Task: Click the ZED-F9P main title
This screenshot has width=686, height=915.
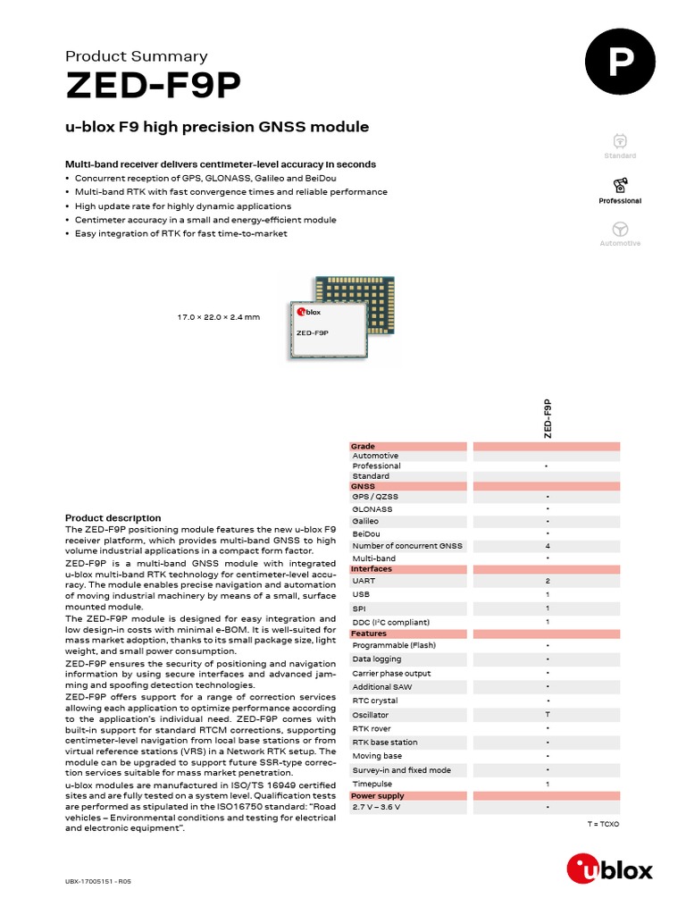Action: (153, 87)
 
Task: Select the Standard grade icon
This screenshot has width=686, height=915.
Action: (620, 140)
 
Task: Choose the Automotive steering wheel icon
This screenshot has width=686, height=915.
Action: (620, 228)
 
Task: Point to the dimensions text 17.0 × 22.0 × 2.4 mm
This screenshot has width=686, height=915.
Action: (219, 317)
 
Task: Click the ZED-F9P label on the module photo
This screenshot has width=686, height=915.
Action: (312, 332)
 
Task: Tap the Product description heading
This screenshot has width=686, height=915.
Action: (113, 518)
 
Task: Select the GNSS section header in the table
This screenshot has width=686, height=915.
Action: (364, 487)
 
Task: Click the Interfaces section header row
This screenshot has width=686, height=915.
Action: (371, 569)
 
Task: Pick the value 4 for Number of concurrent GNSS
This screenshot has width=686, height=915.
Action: (547, 546)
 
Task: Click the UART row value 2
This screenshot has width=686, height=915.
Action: (547, 581)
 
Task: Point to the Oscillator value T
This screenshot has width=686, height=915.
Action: (547, 715)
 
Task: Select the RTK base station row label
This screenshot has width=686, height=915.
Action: (384, 743)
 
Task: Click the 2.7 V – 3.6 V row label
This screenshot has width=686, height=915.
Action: (378, 807)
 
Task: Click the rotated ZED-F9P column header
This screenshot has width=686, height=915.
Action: (547, 418)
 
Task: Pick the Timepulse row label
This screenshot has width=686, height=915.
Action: (373, 784)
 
